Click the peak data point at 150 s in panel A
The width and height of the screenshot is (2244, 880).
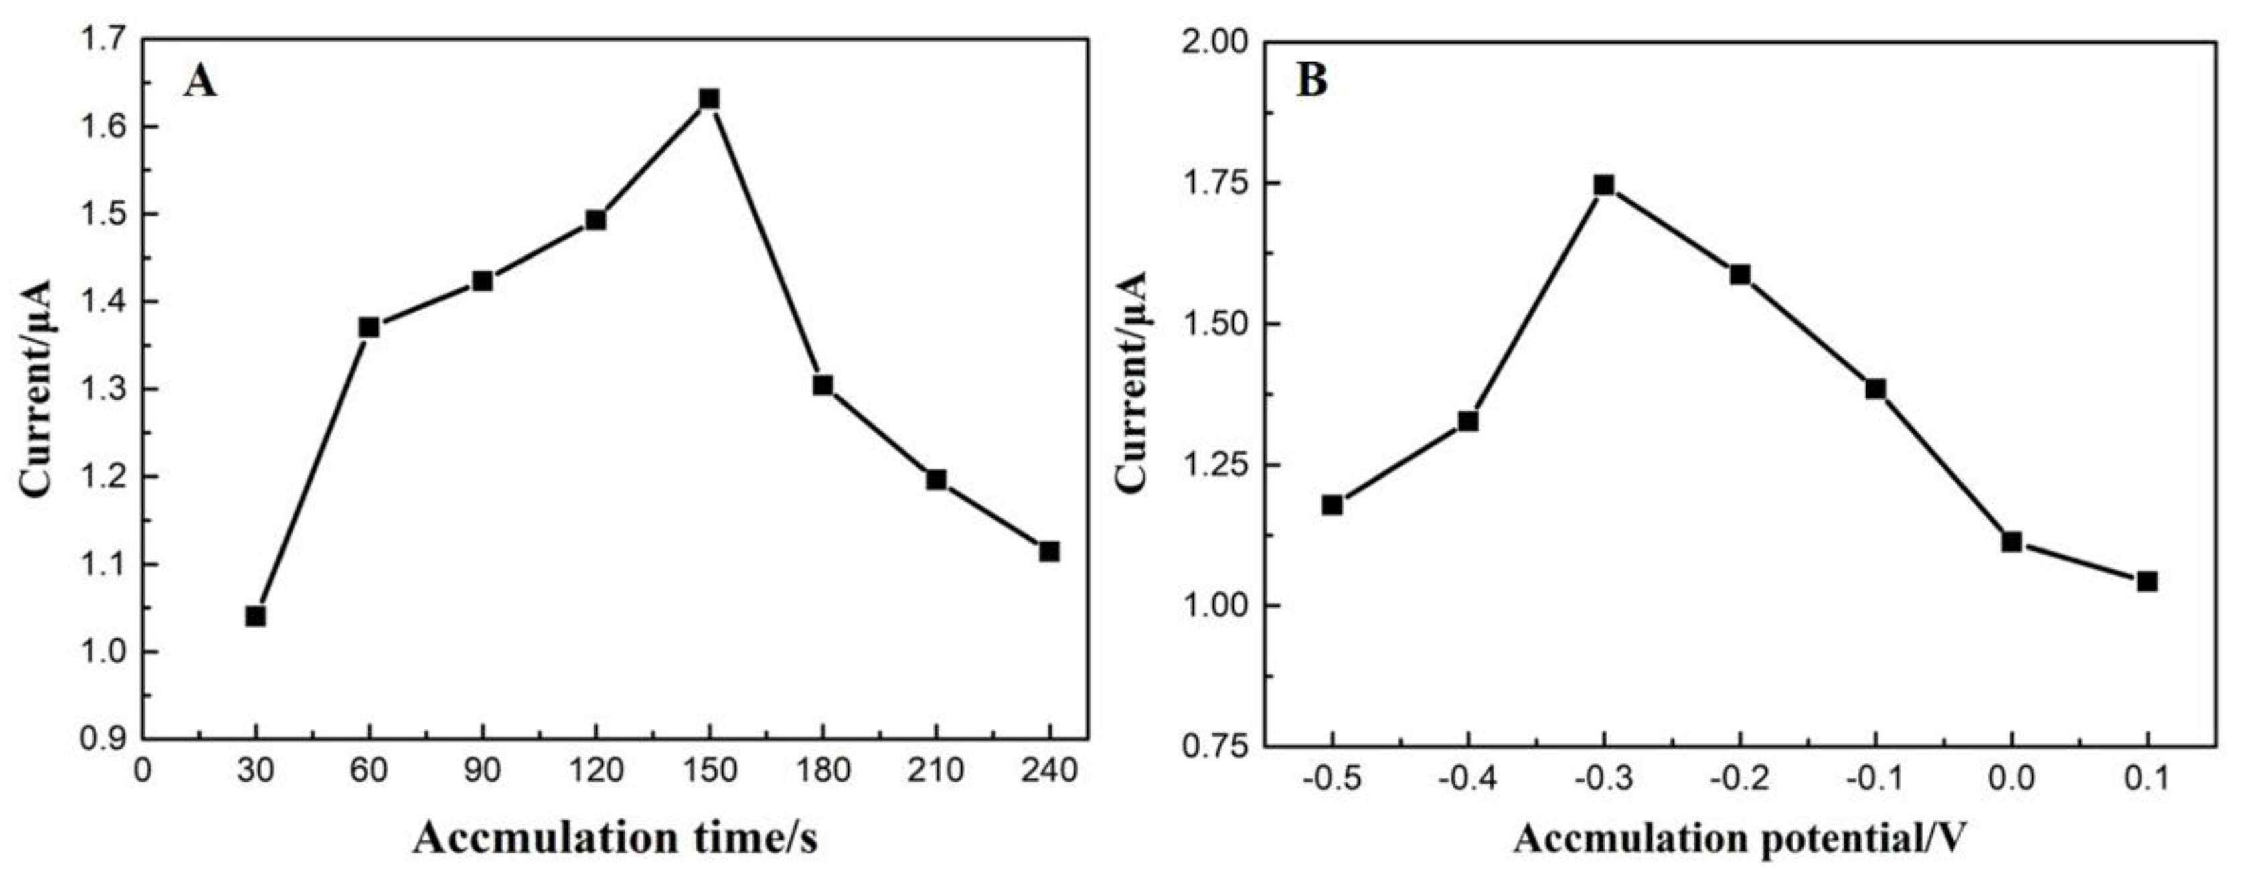tap(709, 99)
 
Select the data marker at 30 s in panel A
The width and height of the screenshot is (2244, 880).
tap(255, 617)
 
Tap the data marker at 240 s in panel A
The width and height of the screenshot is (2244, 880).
tap(1049, 552)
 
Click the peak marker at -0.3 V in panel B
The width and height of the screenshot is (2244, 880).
tap(1604, 185)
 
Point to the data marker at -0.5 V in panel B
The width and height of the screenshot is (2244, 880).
tap(1332, 506)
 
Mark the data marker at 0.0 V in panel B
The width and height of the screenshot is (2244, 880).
tap(2012, 542)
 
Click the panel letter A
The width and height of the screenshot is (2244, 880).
tap(199, 83)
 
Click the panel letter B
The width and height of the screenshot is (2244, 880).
tap(1313, 81)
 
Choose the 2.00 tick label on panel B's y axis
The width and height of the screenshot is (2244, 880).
tap(1208, 42)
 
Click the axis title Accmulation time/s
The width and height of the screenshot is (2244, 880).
tap(615, 839)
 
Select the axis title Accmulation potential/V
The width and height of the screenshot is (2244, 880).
tap(1739, 839)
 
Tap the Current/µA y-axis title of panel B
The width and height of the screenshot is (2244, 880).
tap(1133, 382)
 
